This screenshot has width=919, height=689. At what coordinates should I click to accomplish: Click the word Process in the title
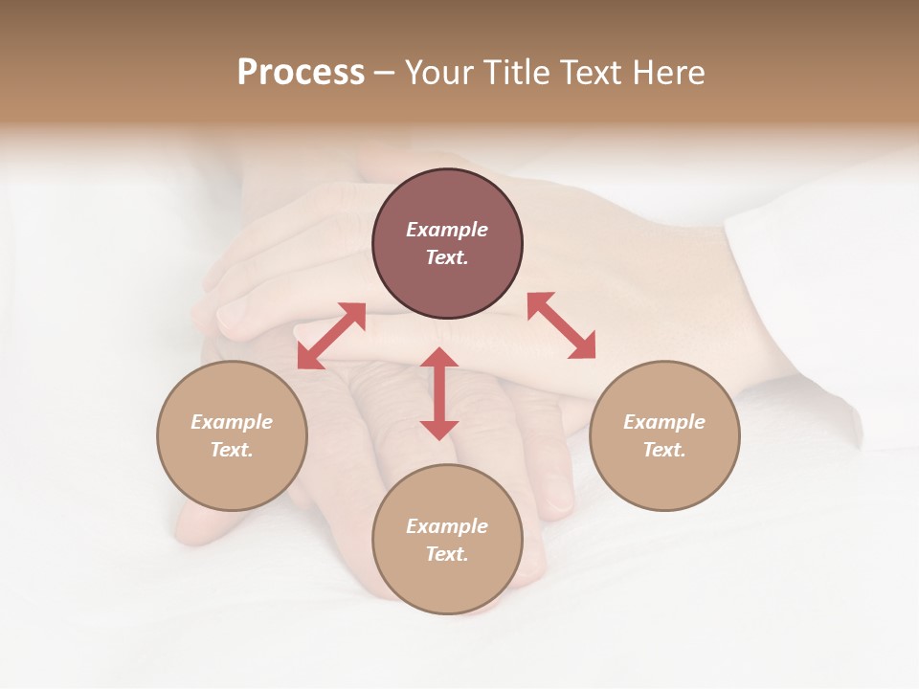tap(301, 73)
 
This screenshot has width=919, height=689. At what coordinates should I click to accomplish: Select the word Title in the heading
tap(516, 73)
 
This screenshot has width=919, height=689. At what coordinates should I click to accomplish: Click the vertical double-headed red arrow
tap(439, 393)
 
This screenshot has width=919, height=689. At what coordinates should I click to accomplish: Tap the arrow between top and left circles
tap(331, 336)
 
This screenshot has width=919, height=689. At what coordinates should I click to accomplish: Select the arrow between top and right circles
tap(561, 325)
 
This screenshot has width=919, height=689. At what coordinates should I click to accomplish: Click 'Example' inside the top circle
tap(447, 230)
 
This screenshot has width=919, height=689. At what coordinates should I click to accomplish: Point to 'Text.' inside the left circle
tap(232, 450)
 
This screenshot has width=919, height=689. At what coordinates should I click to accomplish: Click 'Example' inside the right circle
tap(664, 422)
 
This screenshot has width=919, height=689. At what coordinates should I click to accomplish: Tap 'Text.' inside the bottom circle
tap(447, 554)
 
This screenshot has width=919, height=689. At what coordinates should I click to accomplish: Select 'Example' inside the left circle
tap(232, 422)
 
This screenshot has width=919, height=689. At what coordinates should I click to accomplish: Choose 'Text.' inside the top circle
tap(447, 257)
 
